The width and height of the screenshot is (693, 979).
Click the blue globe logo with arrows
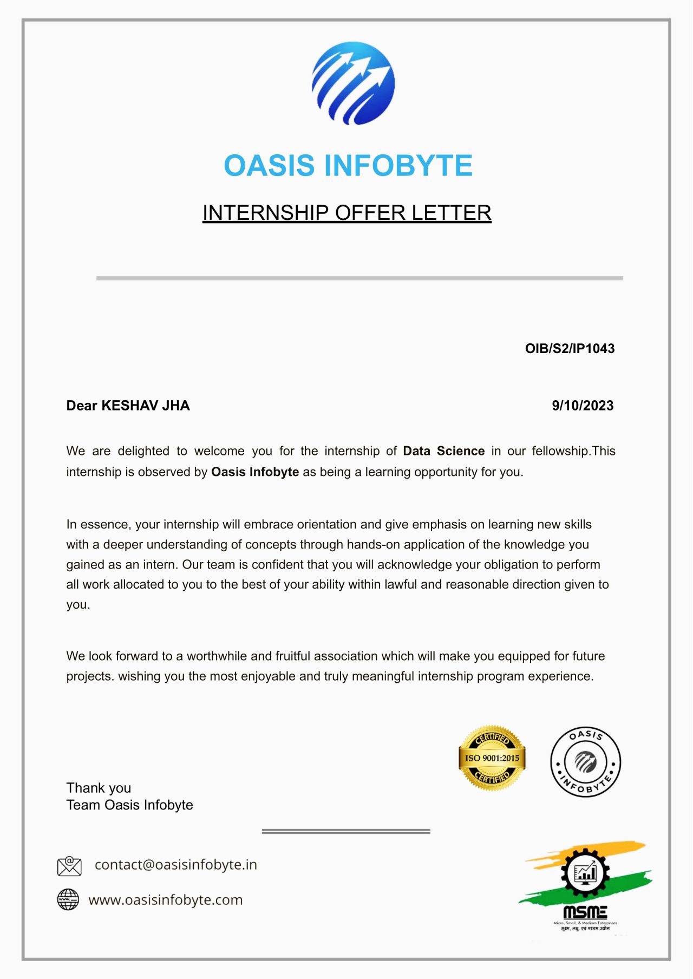click(x=353, y=83)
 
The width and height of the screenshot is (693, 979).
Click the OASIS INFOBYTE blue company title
click(x=348, y=166)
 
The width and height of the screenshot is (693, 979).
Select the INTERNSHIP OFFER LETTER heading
click(x=346, y=213)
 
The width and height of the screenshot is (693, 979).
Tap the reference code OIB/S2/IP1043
click(x=570, y=349)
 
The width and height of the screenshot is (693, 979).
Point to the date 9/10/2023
click(x=583, y=406)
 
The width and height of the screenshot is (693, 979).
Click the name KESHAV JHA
click(x=146, y=406)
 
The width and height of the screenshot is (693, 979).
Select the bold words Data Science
click(x=443, y=451)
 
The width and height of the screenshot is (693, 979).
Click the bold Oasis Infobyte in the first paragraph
click(x=255, y=472)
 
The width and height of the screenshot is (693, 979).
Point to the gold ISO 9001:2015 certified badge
click(x=492, y=758)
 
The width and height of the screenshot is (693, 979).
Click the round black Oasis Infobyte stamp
click(x=585, y=762)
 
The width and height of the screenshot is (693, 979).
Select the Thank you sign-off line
click(x=99, y=788)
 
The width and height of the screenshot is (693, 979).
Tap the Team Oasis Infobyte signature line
click(x=129, y=805)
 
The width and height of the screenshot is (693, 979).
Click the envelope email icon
click(x=69, y=866)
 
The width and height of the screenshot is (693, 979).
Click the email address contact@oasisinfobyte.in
click(x=176, y=865)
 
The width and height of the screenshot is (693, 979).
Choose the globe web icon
click(x=68, y=899)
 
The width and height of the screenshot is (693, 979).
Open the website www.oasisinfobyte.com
click(x=166, y=900)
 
